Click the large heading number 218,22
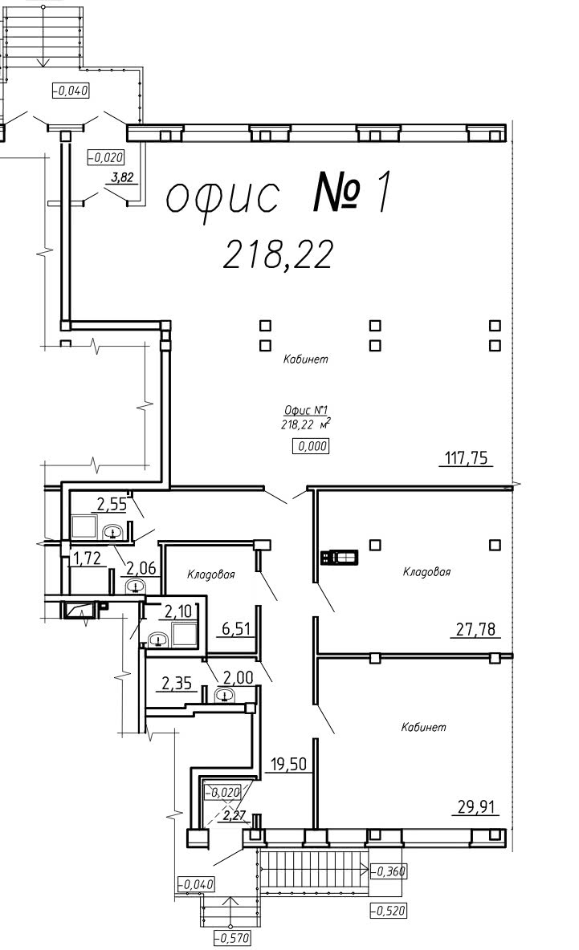pos(279,254)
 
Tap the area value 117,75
pos(467,458)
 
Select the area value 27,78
pos(475,630)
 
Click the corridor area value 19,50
pos(288,764)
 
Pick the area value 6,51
pos(236,629)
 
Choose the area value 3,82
pos(120,178)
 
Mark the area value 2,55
pos(112,504)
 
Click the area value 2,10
pos(178,612)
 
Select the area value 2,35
pos(177,684)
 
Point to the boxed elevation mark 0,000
pos(311,447)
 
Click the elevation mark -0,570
pos(231,938)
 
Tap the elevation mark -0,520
pos(388,910)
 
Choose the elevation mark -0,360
pos(388,871)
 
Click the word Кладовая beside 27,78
pos(427,571)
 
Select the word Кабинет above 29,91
pos(424,726)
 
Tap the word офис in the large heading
pos(222,196)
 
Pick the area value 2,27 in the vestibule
pos(234,815)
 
